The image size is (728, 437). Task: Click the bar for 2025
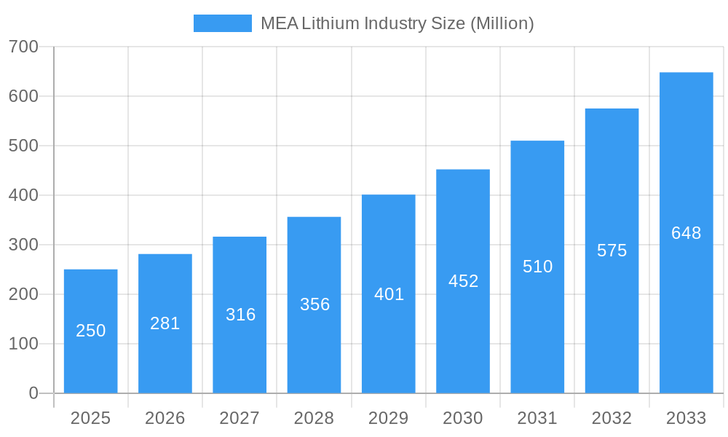click(x=90, y=331)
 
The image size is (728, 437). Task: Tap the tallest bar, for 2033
click(x=686, y=233)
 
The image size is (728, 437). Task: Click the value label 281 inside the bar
click(x=165, y=323)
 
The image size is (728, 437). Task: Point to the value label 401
click(x=389, y=294)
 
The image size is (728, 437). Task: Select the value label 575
click(x=612, y=251)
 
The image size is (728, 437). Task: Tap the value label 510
click(x=537, y=267)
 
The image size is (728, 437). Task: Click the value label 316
click(x=240, y=315)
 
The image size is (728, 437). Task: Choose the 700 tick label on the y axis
click(x=23, y=47)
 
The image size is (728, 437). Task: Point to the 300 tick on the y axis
click(x=23, y=245)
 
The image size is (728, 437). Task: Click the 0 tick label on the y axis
click(x=33, y=393)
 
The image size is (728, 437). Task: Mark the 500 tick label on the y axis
click(x=23, y=146)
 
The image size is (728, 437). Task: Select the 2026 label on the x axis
click(x=165, y=418)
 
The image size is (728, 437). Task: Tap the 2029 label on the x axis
click(x=389, y=418)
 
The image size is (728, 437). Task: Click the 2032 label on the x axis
click(x=612, y=418)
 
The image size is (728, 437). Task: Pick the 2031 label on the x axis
click(x=537, y=418)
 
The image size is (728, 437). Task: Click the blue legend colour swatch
click(x=222, y=23)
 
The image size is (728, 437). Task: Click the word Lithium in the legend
click(x=331, y=23)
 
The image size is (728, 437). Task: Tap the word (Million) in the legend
click(x=502, y=23)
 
